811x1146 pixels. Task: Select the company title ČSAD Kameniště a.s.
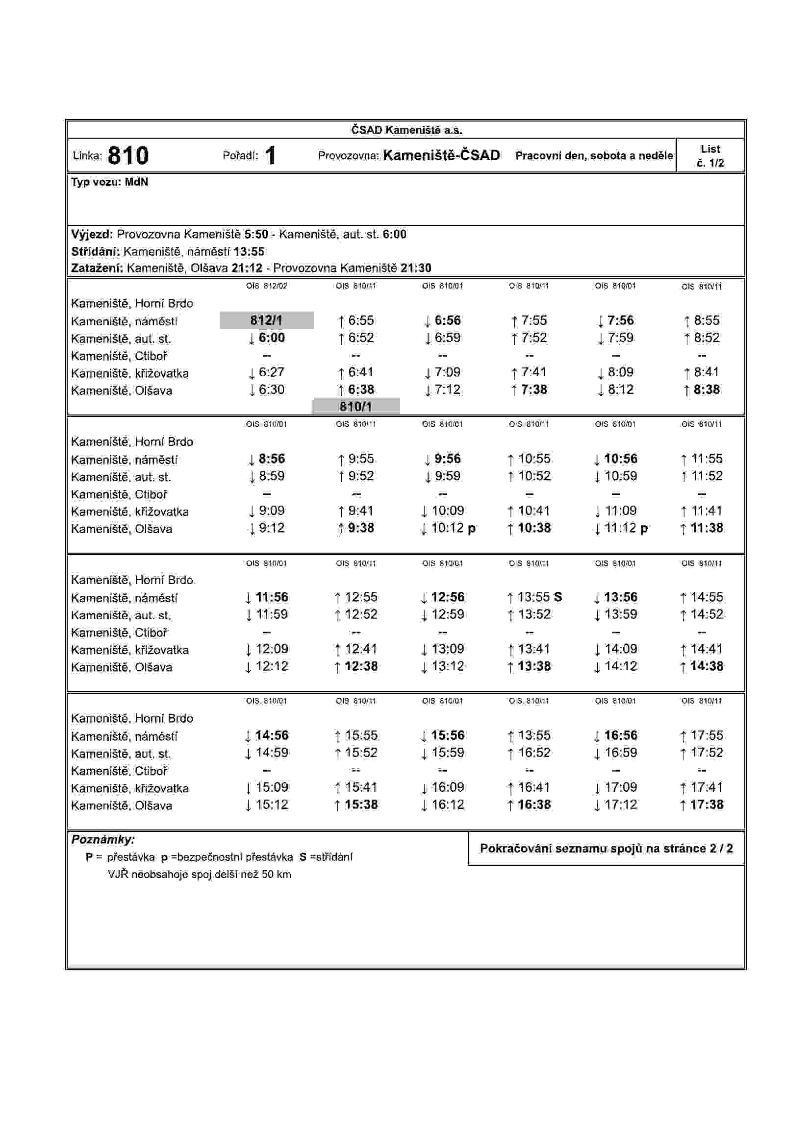pos(406,130)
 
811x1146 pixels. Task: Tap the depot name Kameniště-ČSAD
pos(441,155)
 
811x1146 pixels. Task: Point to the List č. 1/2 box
pos(710,156)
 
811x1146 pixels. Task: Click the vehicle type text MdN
pos(136,182)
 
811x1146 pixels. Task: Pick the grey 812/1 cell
pos(266,320)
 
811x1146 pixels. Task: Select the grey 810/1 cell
pos(355,406)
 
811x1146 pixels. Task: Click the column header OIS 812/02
pos(266,286)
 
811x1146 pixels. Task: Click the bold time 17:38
pos(706,805)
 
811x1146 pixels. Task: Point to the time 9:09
pos(271,511)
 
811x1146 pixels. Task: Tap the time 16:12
pos(448,805)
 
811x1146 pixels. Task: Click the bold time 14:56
pos(271,735)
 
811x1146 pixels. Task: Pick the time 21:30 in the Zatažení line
pos(415,268)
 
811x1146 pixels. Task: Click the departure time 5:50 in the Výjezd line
pos(255,234)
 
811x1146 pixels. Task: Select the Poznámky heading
pos(103,840)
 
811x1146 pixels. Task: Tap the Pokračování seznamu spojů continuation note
pos(606,848)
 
